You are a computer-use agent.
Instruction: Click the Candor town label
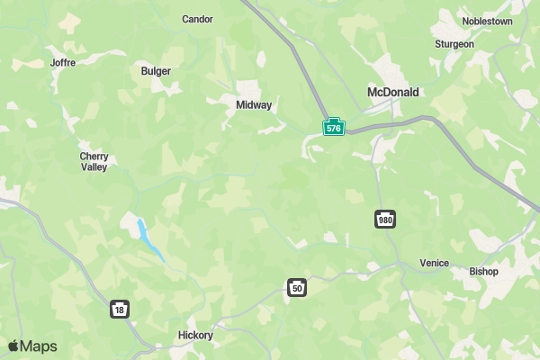[x=197, y=19]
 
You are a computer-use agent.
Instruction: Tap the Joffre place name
[x=63, y=63]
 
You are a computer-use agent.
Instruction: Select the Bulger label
[x=156, y=71]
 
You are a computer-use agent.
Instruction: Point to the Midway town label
[x=254, y=105]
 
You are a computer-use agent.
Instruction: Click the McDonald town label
[x=393, y=92]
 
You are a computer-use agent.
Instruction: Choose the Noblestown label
[x=487, y=21]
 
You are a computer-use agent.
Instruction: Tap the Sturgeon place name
[x=454, y=43]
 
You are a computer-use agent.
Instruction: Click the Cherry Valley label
[x=94, y=161]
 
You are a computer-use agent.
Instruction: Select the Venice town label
[x=434, y=264]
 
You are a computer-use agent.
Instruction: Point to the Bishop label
[x=483, y=271]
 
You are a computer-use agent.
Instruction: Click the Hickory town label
[x=195, y=336]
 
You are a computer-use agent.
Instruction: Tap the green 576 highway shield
[x=334, y=127]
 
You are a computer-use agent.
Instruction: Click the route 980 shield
[x=385, y=220]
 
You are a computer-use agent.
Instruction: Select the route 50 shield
[x=297, y=288]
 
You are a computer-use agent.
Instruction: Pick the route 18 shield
[x=120, y=309]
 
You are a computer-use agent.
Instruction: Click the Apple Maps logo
[x=32, y=346]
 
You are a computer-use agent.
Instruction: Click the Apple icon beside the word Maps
[x=13, y=346]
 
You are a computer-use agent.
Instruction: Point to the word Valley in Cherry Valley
[x=94, y=167]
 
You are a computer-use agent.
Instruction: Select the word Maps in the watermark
[x=39, y=346]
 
